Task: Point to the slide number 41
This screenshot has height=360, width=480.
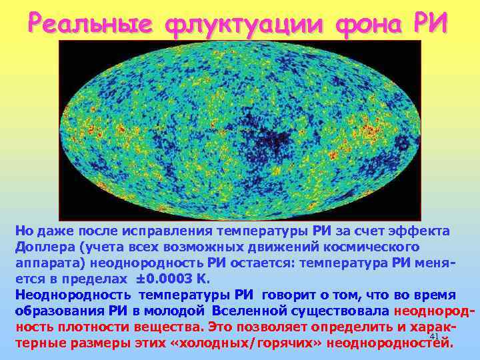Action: pos(434,336)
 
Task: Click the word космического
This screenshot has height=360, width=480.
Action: pos(381,247)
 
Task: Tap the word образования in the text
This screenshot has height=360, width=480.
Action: pos(55,311)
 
